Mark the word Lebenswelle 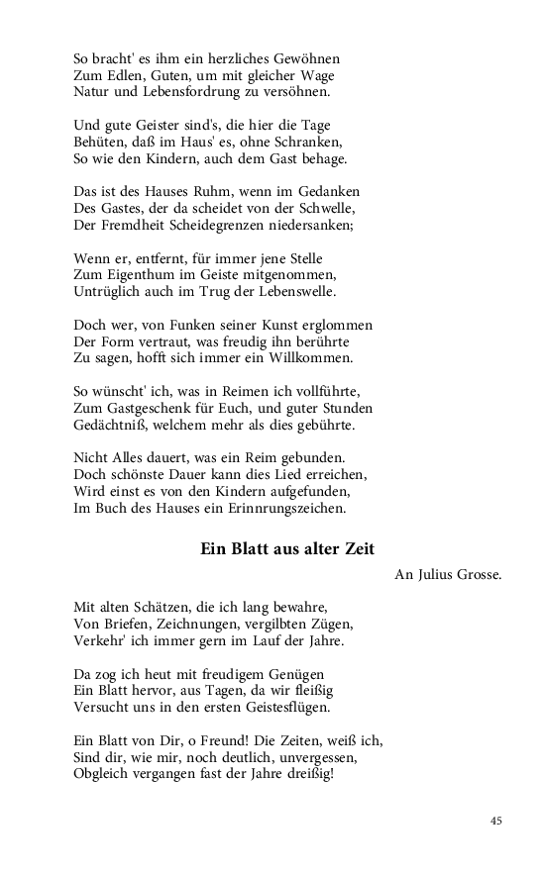pos(294,292)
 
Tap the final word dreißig pos(306,775)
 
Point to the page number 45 pos(496,821)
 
